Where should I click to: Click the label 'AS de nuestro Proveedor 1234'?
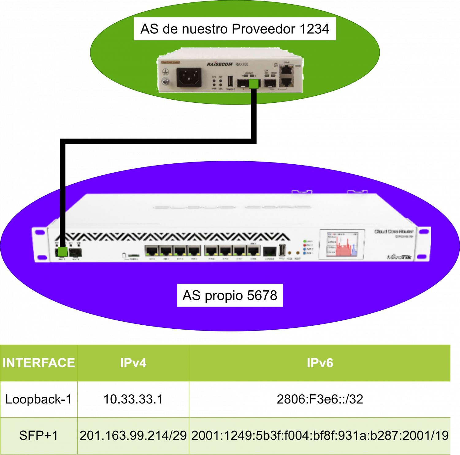pos(235,29)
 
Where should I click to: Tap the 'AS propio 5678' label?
pos(230,296)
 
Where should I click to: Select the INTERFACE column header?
pos(39,363)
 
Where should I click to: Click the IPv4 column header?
pos(133,363)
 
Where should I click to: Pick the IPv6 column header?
pos(320,363)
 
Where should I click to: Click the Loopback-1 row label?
pos(39,399)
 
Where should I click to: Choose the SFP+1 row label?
pos(39,435)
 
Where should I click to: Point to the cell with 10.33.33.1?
pos(133,399)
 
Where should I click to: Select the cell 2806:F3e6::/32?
pos(320,399)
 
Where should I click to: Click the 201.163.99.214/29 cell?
pos(133,435)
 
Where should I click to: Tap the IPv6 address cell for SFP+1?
pos(320,435)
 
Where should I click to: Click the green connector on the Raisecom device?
pos(253,84)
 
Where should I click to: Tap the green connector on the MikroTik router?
pos(63,251)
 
